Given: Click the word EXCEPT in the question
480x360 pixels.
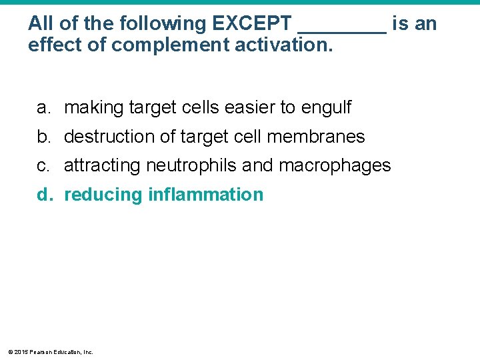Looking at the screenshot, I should point(253,24).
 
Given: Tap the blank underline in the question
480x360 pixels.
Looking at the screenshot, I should point(342,29).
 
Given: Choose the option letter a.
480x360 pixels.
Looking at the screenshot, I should point(43,107).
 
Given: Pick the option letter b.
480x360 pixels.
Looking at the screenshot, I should point(43,137).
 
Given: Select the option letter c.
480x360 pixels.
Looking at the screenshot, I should point(43,165).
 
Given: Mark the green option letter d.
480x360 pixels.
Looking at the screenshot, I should point(44,195).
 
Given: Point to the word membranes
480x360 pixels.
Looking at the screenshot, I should point(315,137).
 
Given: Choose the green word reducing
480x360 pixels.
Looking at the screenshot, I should point(103,195).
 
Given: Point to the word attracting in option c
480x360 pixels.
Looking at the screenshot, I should point(103,165).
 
